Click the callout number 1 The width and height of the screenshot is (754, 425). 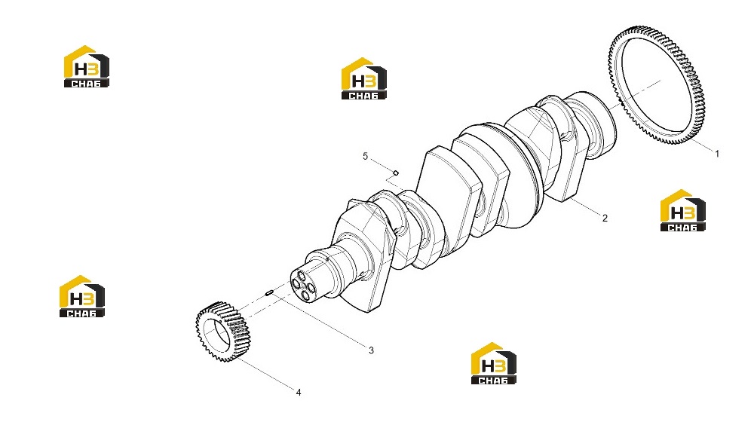pyautogui.click(x=717, y=154)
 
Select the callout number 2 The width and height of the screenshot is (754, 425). pyautogui.click(x=605, y=219)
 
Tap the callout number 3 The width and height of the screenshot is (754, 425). pyautogui.click(x=371, y=350)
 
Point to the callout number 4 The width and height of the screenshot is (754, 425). pyautogui.click(x=299, y=393)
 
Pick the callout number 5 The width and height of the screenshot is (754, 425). pyautogui.click(x=366, y=156)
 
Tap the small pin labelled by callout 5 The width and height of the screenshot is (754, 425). pyautogui.click(x=396, y=173)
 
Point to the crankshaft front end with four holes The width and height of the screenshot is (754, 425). pyautogui.click(x=303, y=285)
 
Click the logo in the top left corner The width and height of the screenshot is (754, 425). pyautogui.click(x=87, y=66)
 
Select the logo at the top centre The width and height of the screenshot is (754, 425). pyautogui.click(x=364, y=79)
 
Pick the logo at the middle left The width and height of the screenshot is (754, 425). pyautogui.click(x=82, y=296)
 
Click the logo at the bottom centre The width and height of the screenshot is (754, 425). pyautogui.click(x=494, y=363)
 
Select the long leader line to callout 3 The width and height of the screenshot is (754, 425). pyautogui.click(x=320, y=320)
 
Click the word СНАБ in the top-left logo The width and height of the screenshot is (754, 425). pyautogui.click(x=87, y=84)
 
